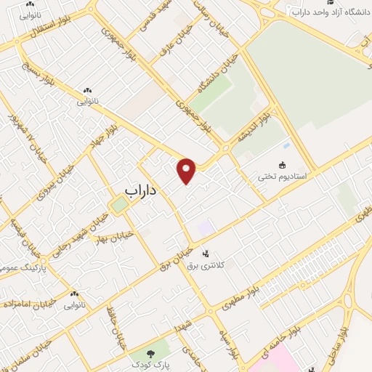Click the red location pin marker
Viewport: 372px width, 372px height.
(187, 170)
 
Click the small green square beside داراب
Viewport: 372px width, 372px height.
(118, 206)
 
